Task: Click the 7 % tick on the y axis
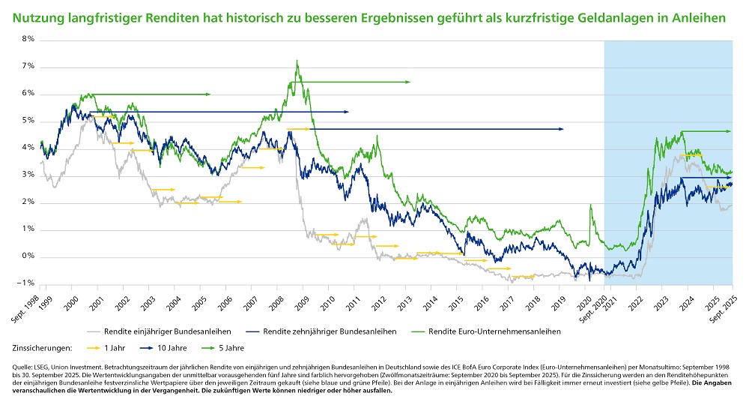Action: click(29, 66)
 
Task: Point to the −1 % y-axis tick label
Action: click(28, 283)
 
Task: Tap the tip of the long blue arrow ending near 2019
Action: click(562, 129)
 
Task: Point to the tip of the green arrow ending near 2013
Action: click(410, 82)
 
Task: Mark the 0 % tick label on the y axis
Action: click(29, 256)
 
